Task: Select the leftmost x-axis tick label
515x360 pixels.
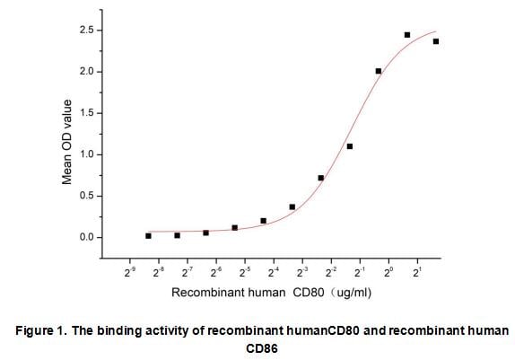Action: point(131,269)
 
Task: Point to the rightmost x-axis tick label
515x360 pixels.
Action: point(417,269)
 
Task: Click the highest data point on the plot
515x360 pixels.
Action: point(407,35)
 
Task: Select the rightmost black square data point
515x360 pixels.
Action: point(436,41)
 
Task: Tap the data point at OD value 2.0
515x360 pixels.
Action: point(379,71)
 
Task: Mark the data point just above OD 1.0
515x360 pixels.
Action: point(350,146)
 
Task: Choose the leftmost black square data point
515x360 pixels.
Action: point(148,235)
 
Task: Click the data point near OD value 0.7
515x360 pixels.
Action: point(321,178)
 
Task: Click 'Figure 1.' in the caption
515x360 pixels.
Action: point(40,331)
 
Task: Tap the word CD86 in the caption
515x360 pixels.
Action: point(262,349)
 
